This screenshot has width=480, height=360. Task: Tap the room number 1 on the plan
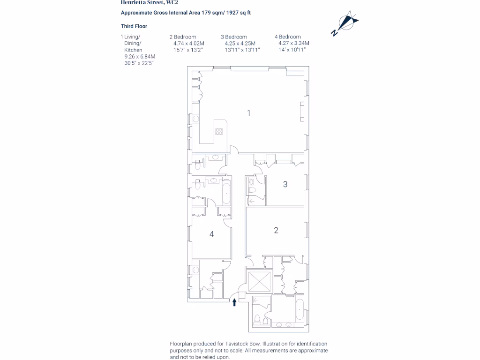pyautogui.click(x=249, y=113)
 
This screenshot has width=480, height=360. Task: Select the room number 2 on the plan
pyautogui.click(x=276, y=230)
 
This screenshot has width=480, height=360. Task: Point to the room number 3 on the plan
pyautogui.click(x=285, y=184)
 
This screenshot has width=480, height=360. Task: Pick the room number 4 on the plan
pyautogui.click(x=212, y=234)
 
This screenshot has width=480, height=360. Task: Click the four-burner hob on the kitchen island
pyautogui.click(x=219, y=131)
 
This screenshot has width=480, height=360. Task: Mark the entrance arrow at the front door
pyautogui.click(x=234, y=302)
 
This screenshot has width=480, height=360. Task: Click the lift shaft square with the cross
pyautogui.click(x=260, y=282)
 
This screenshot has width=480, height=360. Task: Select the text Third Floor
pyautogui.click(x=134, y=26)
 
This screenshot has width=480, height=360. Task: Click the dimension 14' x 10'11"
pyautogui.click(x=292, y=50)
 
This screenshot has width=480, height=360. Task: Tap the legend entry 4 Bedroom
pyautogui.click(x=288, y=37)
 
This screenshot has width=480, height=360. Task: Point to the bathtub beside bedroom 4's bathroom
pyautogui.click(x=226, y=193)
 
